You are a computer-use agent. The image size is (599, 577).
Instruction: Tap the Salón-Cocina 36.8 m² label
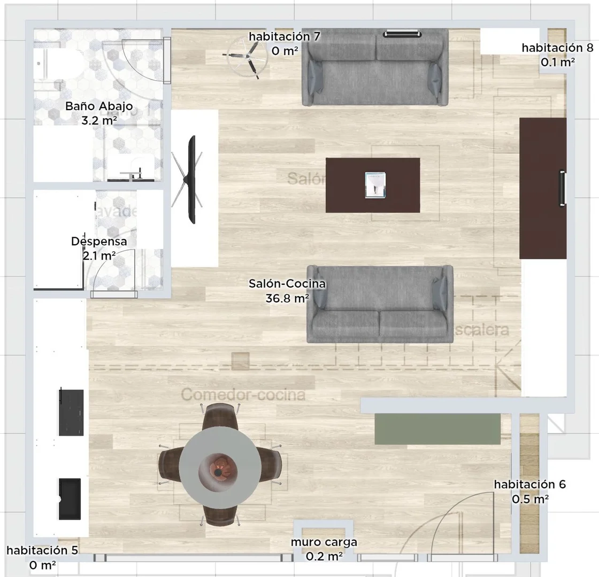(x=287, y=291)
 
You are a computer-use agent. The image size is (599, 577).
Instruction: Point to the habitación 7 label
(x=285, y=43)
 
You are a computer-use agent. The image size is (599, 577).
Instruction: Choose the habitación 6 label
(x=529, y=492)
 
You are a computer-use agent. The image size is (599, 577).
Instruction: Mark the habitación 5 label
(x=42, y=557)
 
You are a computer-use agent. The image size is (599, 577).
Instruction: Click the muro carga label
(x=324, y=549)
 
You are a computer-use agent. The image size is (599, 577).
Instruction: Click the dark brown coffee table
(x=373, y=185)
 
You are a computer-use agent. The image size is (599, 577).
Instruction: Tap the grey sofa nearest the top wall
(x=375, y=67)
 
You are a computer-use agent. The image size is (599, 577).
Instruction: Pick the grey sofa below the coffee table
(x=380, y=305)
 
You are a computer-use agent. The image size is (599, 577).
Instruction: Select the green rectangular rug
(x=437, y=428)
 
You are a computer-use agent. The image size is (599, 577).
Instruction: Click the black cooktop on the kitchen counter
(x=71, y=412)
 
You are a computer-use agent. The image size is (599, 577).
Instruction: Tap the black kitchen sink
(x=70, y=498)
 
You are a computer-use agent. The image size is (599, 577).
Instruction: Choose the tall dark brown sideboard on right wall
(x=542, y=188)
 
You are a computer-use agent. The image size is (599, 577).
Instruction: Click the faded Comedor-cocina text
(x=243, y=395)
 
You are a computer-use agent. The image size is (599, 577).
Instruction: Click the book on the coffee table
(x=375, y=185)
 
